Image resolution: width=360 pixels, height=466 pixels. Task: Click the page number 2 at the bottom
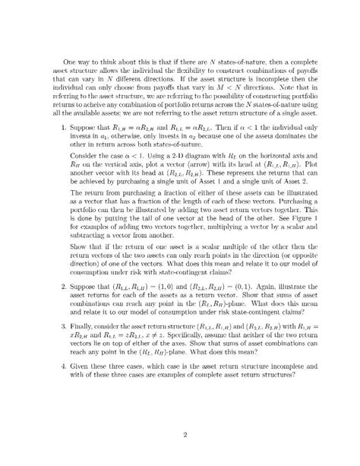(179, 436)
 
